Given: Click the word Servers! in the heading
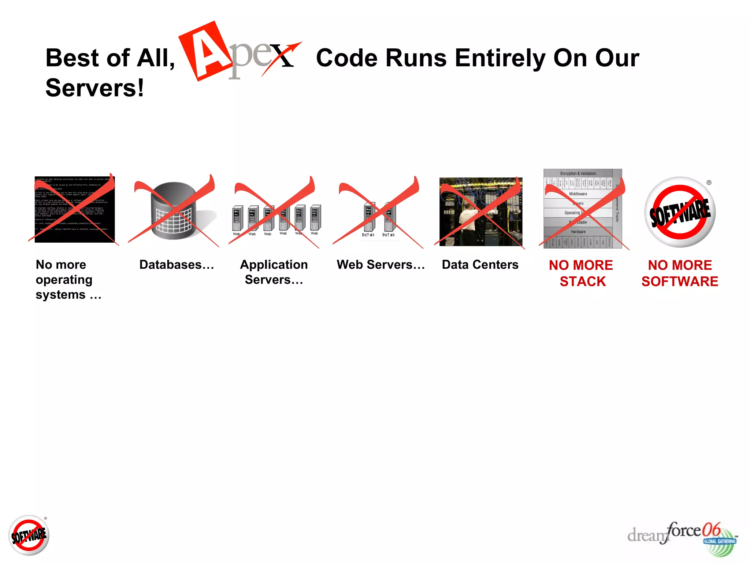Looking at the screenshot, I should click(94, 88).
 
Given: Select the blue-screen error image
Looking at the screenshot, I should click(75, 209).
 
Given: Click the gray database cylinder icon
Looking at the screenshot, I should click(174, 211).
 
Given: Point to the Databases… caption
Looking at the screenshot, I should click(177, 265).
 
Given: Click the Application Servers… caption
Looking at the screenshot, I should click(274, 272).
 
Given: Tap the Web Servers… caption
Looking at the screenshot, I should click(381, 265).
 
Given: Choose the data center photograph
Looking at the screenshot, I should click(480, 211).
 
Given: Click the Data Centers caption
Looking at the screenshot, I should click(480, 265).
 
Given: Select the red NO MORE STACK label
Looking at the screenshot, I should click(581, 273).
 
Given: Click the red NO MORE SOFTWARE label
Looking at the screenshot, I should click(680, 273).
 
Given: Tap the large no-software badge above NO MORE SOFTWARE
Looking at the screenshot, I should click(680, 212).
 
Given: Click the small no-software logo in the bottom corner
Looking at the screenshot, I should click(29, 535).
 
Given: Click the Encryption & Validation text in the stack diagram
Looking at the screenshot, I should click(578, 173).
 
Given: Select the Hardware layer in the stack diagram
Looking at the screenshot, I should click(578, 232).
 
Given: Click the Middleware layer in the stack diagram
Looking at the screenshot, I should click(578, 194).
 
